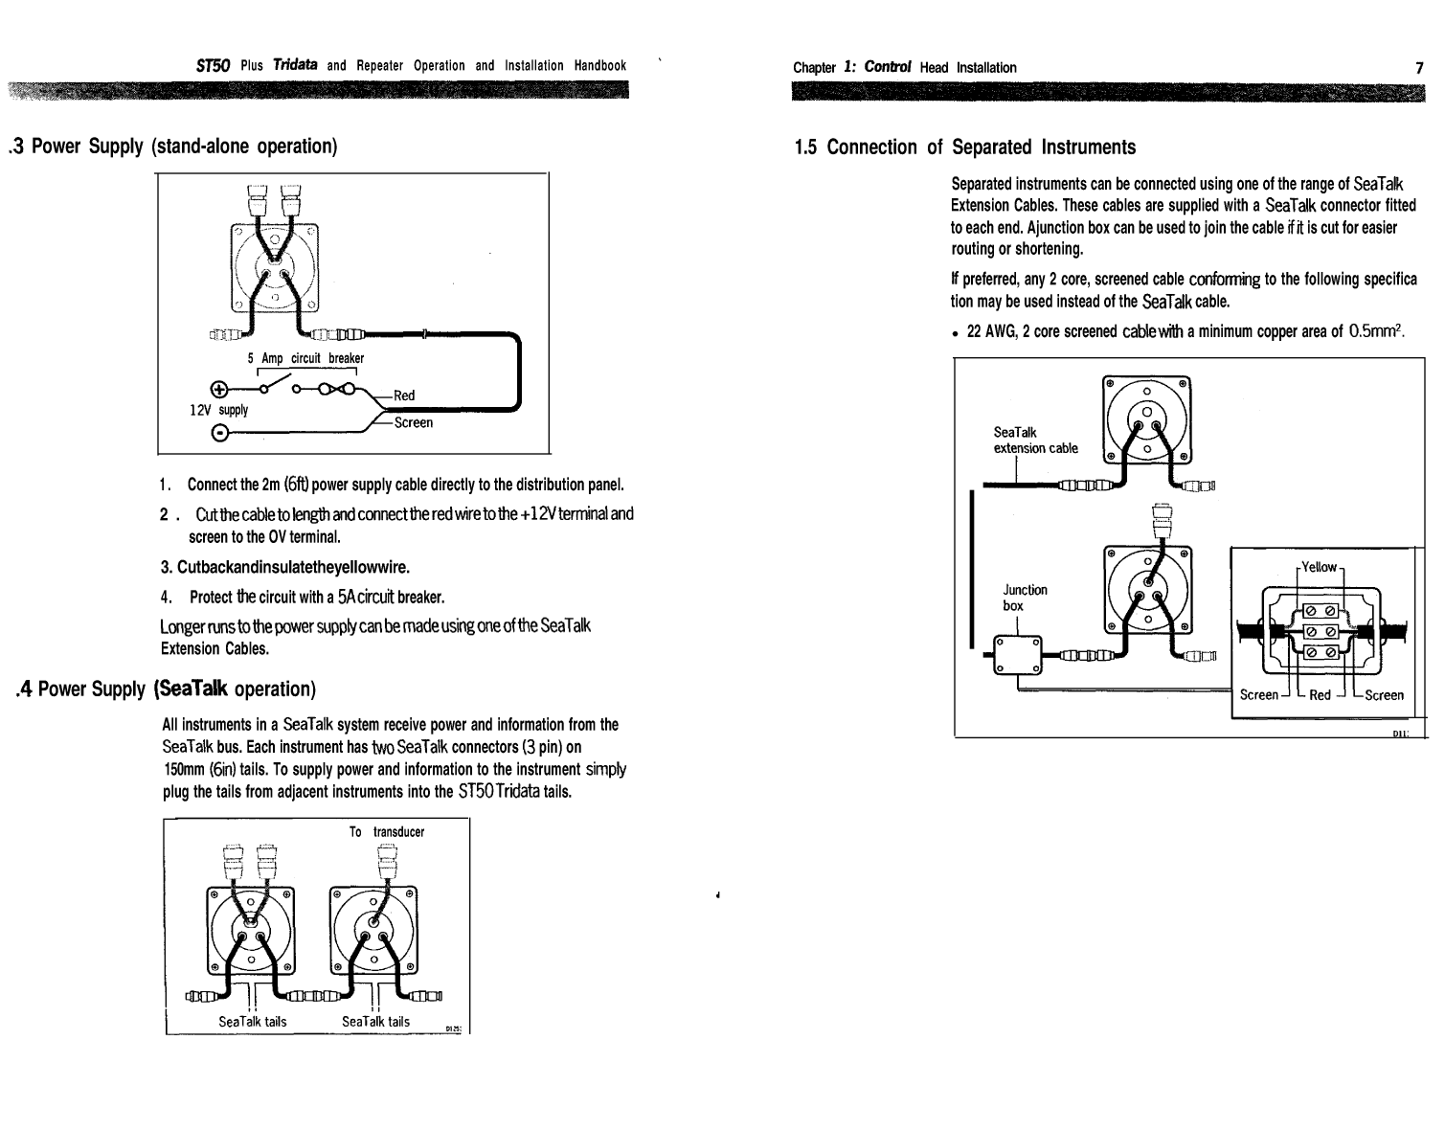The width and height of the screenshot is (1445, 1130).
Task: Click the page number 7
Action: (x=1419, y=67)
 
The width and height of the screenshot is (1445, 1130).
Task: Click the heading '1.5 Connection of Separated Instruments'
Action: (x=964, y=147)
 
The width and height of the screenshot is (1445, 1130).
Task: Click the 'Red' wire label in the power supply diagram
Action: (x=404, y=395)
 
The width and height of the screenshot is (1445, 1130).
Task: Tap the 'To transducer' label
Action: (x=387, y=832)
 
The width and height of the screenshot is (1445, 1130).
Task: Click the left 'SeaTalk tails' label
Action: (x=253, y=1022)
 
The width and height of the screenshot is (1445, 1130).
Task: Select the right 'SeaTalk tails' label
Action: (x=376, y=1022)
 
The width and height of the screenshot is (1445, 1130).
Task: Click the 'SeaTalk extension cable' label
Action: (x=1035, y=441)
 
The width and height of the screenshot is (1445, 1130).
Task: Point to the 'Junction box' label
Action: (x=1025, y=598)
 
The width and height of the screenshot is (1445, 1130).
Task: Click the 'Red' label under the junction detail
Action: (x=1320, y=695)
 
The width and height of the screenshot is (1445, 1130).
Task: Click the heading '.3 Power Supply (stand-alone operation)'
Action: (x=172, y=147)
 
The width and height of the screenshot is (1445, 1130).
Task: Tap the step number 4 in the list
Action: (x=166, y=598)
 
